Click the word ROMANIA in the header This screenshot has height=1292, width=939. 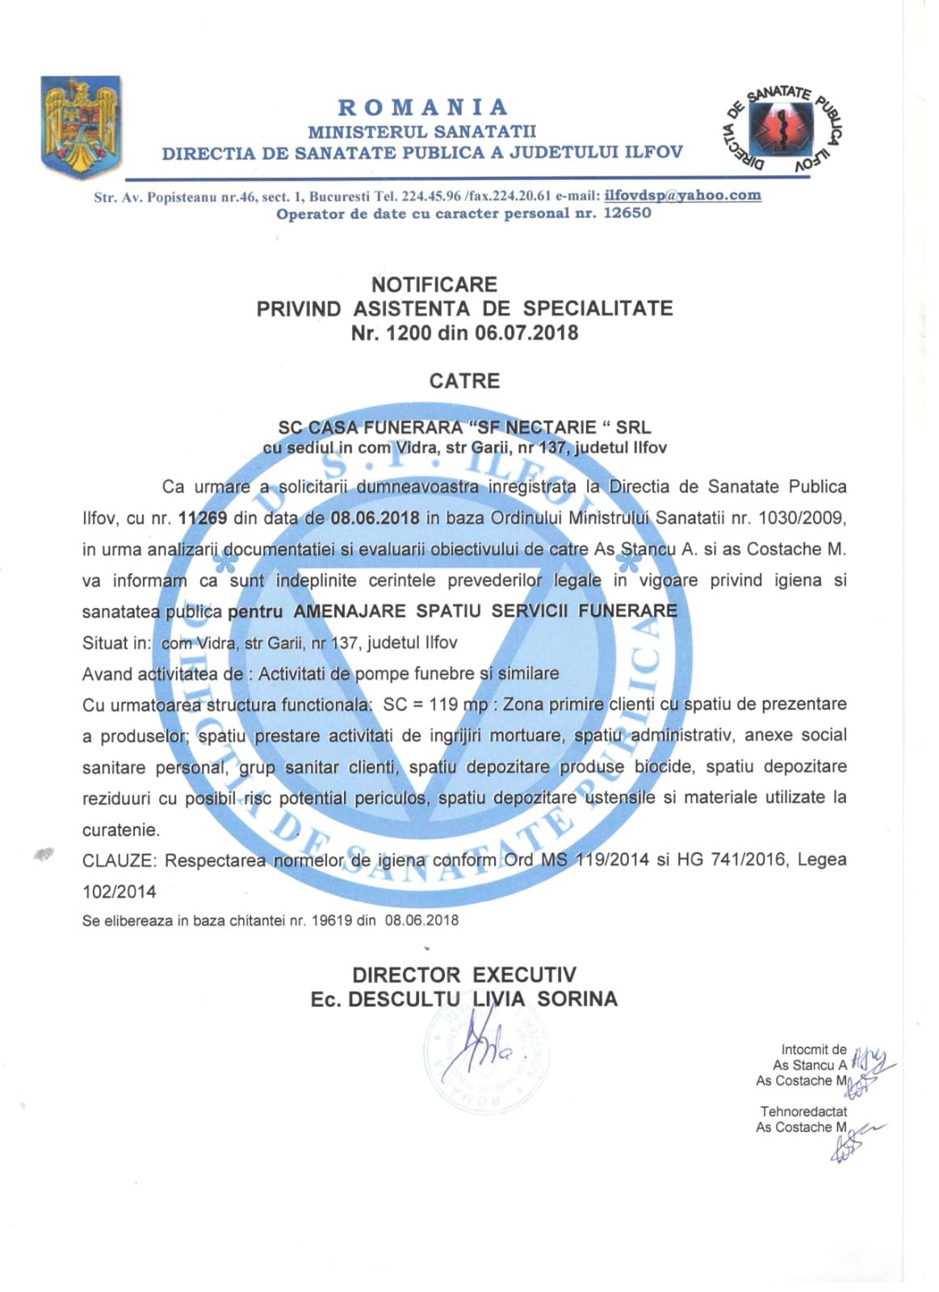pos(423,107)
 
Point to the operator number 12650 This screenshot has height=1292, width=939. pos(627,214)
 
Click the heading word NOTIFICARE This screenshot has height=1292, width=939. pos(434,284)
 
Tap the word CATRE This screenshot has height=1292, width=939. pos(464,381)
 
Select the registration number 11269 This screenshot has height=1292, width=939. pos(203,518)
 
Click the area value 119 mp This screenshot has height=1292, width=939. pos(458,704)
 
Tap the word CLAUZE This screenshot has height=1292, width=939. pos(118,860)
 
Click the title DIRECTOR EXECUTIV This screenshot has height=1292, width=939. pos(463,975)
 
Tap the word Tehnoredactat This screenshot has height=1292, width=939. pos(803,1112)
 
